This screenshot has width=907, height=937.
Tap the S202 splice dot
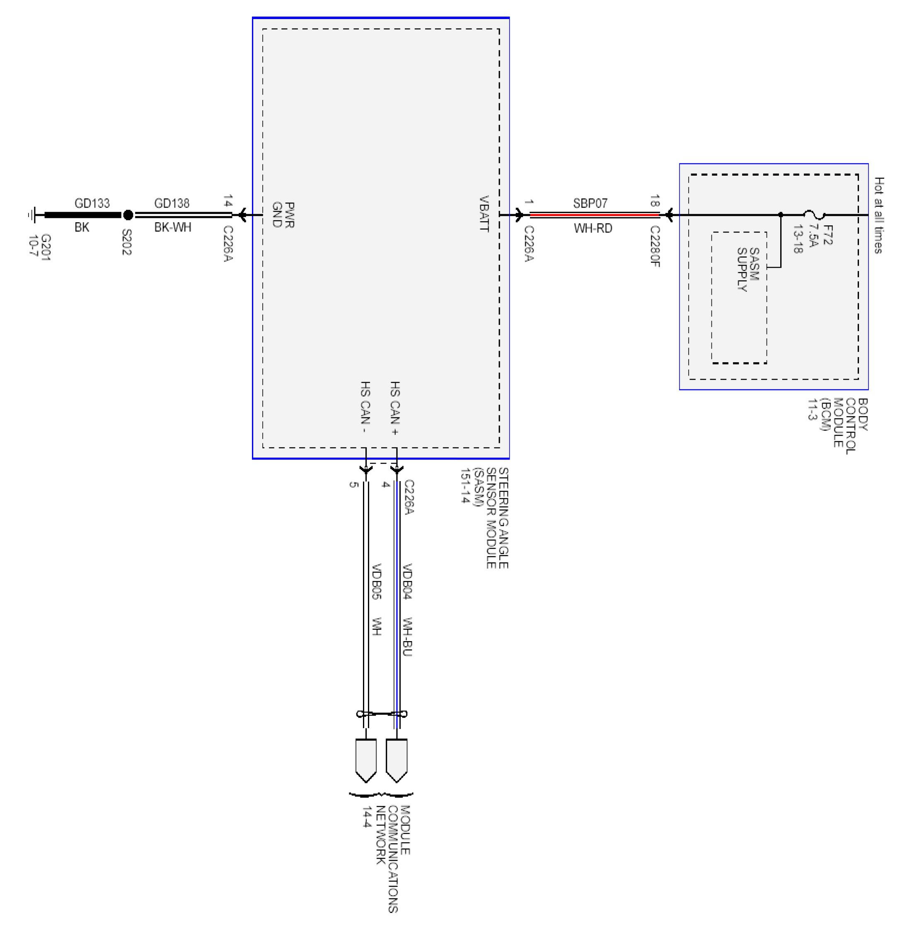point(128,215)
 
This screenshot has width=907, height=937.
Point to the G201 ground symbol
point(31,215)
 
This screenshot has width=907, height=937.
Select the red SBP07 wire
point(595,215)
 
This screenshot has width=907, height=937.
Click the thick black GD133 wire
point(83,215)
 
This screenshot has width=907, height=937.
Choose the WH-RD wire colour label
point(593,228)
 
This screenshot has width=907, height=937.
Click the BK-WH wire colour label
point(172,227)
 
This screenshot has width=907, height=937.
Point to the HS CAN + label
point(395,408)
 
